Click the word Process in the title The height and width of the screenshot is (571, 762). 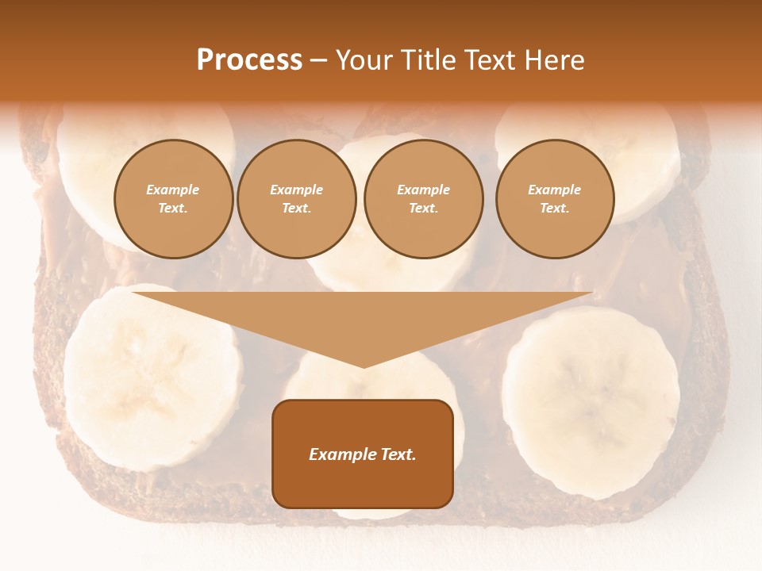[249, 60]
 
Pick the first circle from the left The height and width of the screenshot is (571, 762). [173, 199]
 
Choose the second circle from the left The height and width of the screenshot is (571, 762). [296, 199]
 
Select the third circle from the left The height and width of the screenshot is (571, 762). [423, 199]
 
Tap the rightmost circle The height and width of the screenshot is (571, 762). [554, 199]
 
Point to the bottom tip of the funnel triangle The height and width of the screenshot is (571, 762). [364, 366]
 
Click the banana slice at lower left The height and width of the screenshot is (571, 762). [151, 377]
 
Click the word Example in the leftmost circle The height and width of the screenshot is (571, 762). [173, 190]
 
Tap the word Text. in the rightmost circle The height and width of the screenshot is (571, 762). [554, 209]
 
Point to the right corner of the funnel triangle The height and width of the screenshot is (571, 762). [591, 293]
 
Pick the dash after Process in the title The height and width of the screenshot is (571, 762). [318, 60]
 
